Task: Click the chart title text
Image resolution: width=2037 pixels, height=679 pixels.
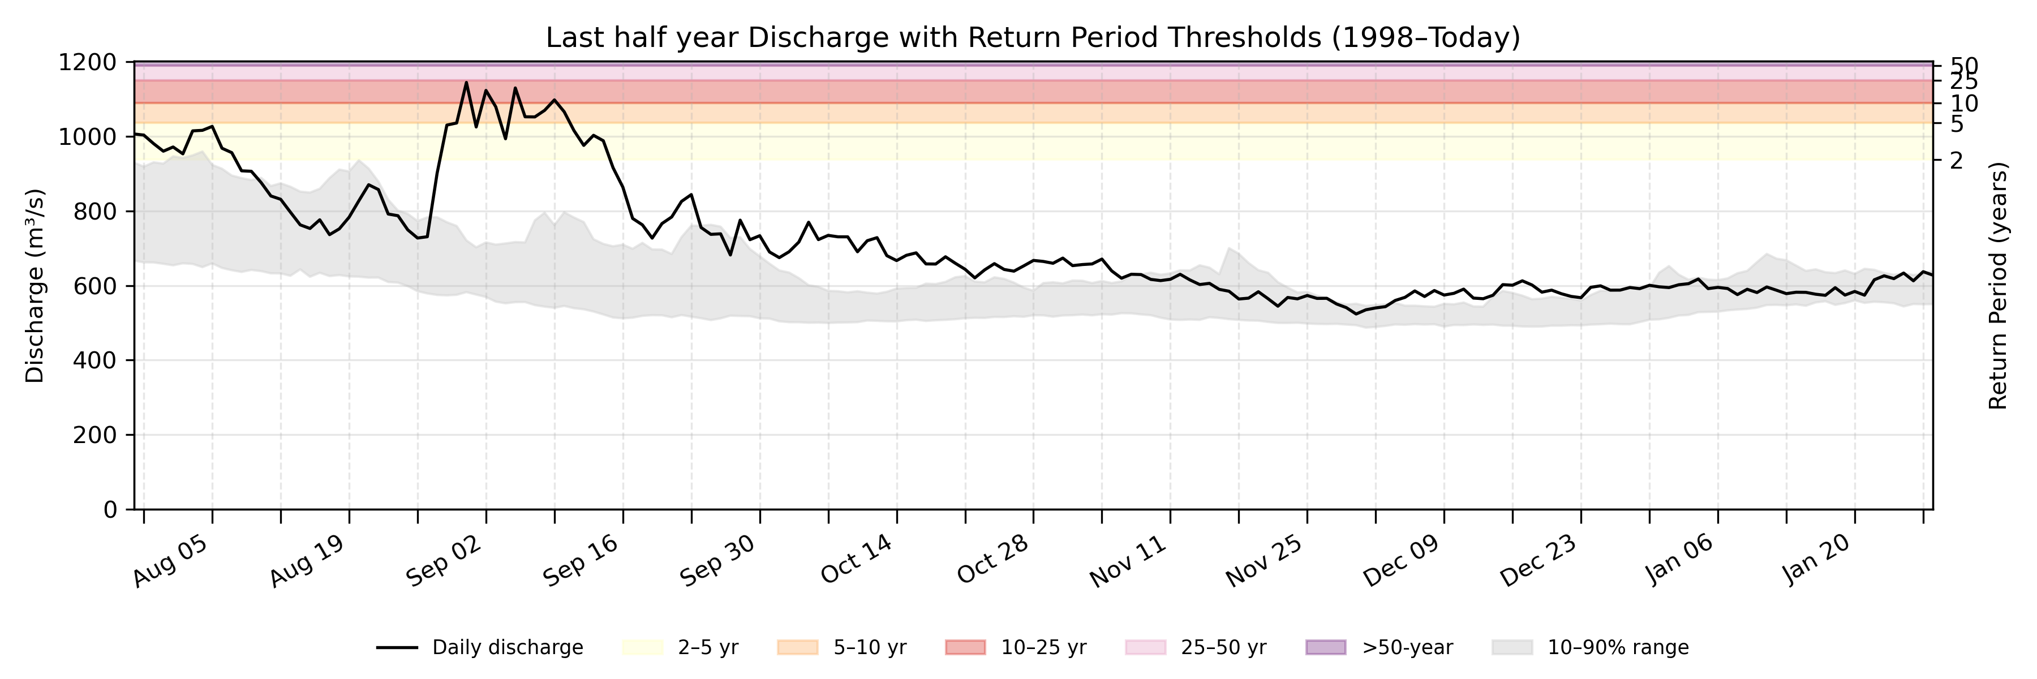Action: coord(1033,38)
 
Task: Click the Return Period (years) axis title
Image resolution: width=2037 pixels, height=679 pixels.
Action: coord(1999,285)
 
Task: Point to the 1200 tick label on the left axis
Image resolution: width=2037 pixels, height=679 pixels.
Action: coord(87,62)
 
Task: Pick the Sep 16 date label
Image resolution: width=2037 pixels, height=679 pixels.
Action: coord(581,561)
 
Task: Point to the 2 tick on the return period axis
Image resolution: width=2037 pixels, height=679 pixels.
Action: coord(1956,161)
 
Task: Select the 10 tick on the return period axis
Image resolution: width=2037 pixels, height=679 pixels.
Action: coord(1963,104)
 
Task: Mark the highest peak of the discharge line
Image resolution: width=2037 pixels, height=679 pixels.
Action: coord(466,82)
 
